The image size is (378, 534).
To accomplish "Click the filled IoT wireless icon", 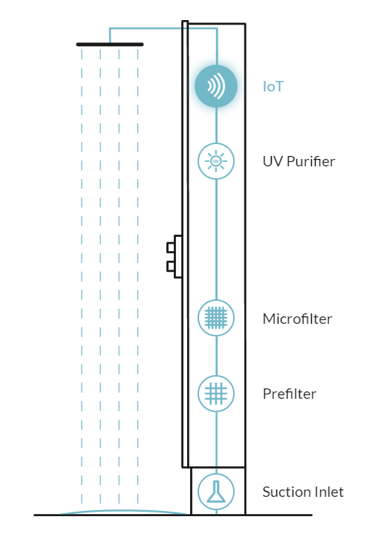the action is tap(216, 86).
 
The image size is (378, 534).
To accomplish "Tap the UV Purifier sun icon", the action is tap(216, 161).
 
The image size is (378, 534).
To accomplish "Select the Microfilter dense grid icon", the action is tap(216, 318).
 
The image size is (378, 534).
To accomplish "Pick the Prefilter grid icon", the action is tap(216, 394).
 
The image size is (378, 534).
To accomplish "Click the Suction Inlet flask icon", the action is tap(216, 492).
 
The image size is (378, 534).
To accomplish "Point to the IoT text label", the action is tap(273, 86).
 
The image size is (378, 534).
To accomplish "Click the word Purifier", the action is tap(311, 161).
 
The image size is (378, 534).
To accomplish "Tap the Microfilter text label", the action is tap(297, 319).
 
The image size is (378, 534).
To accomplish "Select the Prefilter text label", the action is tap(290, 394).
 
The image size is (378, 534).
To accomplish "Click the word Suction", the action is tap(284, 492).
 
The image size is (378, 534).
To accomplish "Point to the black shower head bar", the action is tap(110, 45).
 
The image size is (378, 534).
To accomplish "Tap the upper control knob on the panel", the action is tap(170, 247).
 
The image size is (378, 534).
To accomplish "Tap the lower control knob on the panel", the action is tap(170, 267).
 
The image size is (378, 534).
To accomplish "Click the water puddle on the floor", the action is tap(126, 512).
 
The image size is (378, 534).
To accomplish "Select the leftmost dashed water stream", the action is tap(82, 276).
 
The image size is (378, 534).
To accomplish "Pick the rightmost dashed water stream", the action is tap(137, 276).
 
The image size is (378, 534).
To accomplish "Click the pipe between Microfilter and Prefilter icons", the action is tap(216, 356).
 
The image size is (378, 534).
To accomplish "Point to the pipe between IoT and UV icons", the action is tap(216, 126).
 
